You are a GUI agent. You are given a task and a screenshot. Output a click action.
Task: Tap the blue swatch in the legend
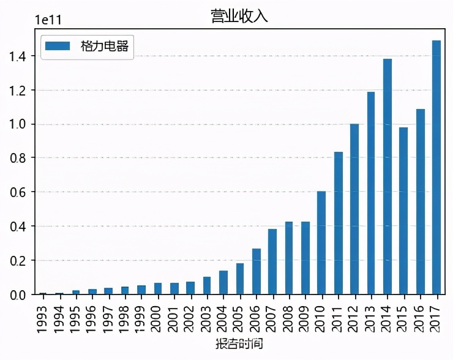tap(59, 47)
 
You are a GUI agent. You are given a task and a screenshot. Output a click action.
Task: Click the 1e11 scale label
tap(47, 19)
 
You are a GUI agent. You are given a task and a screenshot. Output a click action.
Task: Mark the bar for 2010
tap(321, 242)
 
